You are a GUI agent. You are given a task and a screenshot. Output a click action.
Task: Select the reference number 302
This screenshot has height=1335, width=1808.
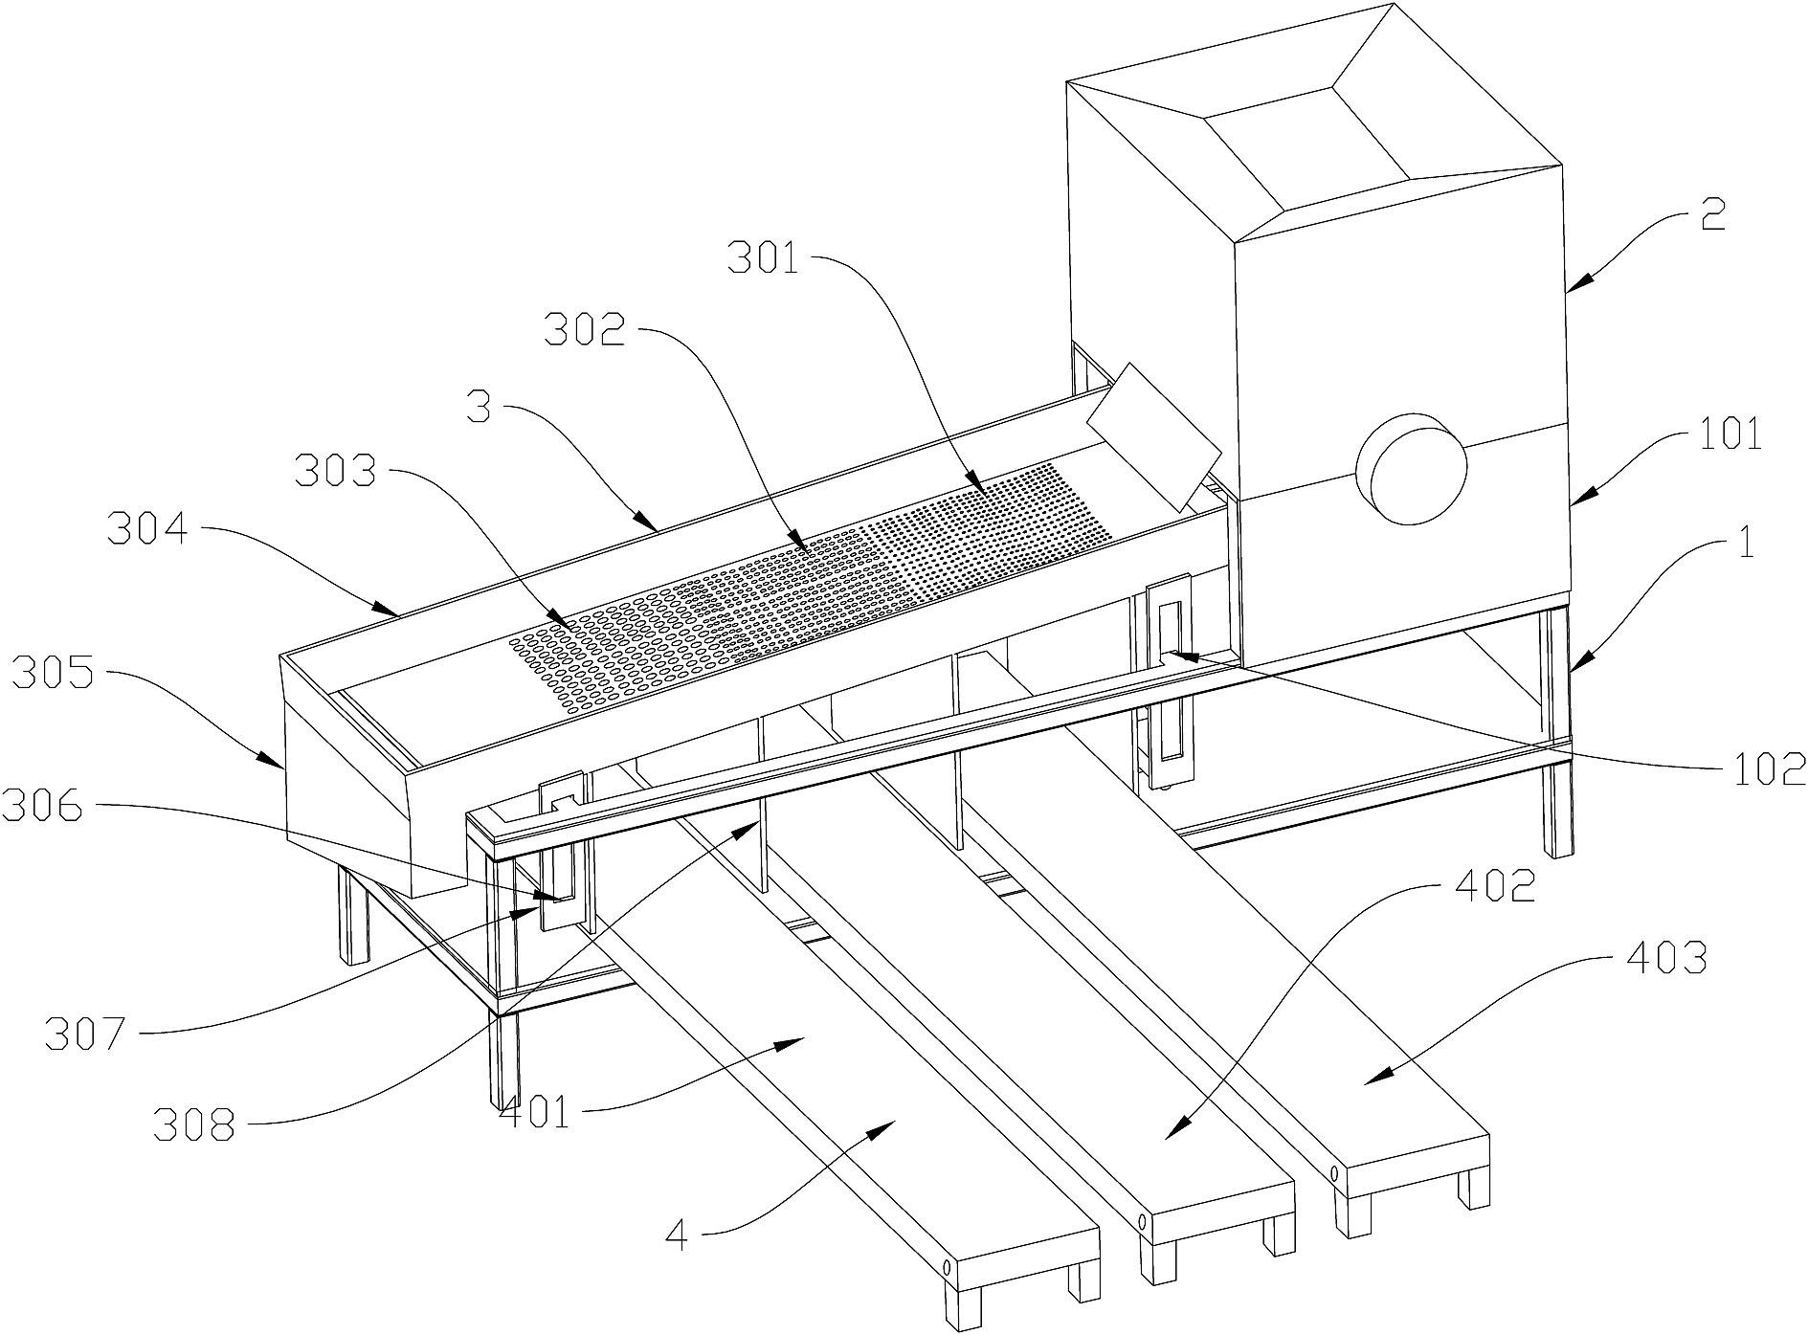pos(585,331)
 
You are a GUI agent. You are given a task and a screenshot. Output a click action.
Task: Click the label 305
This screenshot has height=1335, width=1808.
pos(52,676)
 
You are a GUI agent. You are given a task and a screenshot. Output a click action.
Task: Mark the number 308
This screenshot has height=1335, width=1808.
pos(194,1125)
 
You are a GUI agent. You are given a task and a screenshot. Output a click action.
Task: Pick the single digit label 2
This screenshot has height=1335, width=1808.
pos(1712,215)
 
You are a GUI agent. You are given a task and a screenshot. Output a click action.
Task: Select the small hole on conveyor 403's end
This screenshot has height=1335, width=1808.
pos(1332,1173)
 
